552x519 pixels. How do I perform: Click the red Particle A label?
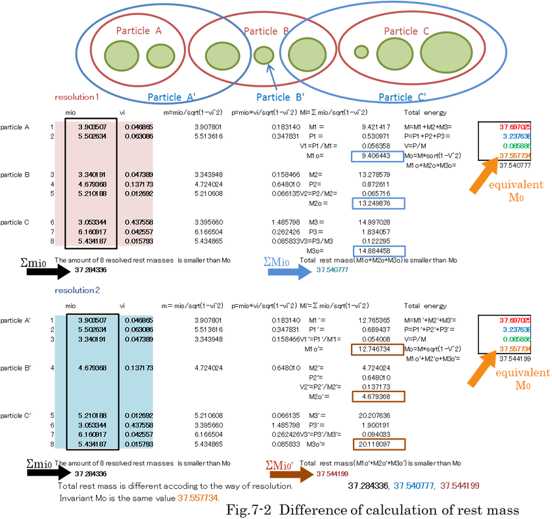click(x=139, y=30)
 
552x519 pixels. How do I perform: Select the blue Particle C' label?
click(x=402, y=97)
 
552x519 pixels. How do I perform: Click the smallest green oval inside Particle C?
click(x=361, y=51)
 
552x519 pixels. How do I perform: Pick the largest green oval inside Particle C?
click(x=446, y=53)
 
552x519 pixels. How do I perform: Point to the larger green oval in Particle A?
click(x=119, y=55)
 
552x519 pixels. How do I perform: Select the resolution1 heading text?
click(x=76, y=97)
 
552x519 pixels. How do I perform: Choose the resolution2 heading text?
click(x=77, y=290)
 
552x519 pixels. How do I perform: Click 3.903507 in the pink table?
click(x=92, y=126)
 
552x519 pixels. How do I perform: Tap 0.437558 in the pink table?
click(x=138, y=223)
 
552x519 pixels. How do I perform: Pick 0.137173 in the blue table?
click(x=138, y=368)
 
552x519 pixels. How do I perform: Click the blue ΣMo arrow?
click(x=289, y=271)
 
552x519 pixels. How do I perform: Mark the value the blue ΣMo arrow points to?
click(x=332, y=269)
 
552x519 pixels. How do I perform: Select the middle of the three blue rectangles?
click(x=379, y=203)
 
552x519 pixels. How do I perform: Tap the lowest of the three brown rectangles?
click(x=379, y=444)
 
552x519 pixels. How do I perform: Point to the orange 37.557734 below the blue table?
click(x=198, y=498)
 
